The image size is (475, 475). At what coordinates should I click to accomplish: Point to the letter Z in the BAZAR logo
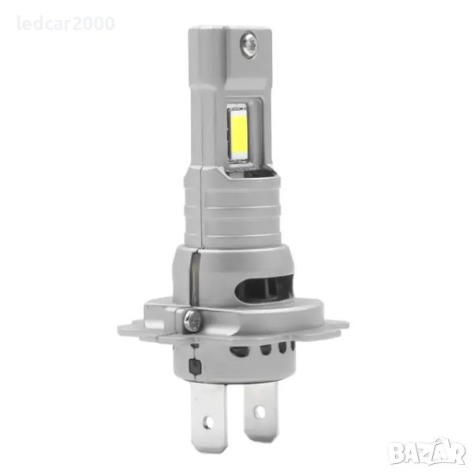pos(427,454)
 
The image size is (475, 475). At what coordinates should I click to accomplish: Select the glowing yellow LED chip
pos(239,132)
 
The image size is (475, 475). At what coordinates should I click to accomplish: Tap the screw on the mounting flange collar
pos(192,319)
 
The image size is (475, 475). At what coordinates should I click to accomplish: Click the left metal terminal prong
pos(208,417)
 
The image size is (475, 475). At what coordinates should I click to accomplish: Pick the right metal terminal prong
pos(260,411)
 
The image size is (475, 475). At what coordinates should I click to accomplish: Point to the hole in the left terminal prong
pos(208,421)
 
